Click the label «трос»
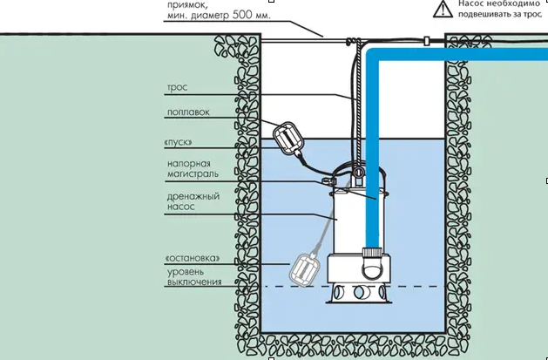[177, 88]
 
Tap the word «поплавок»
[188, 112]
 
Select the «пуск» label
[178, 143]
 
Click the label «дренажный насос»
[193, 201]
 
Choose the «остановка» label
[193, 258]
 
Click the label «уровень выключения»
[194, 277]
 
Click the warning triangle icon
[443, 9]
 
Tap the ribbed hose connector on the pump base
[372, 253]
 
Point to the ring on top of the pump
[357, 172]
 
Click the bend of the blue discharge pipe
[373, 56]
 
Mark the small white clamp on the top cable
[426, 41]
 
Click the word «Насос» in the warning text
[470, 3]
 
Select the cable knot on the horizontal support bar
[350, 42]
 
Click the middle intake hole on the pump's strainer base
[360, 291]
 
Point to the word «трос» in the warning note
[534, 14]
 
